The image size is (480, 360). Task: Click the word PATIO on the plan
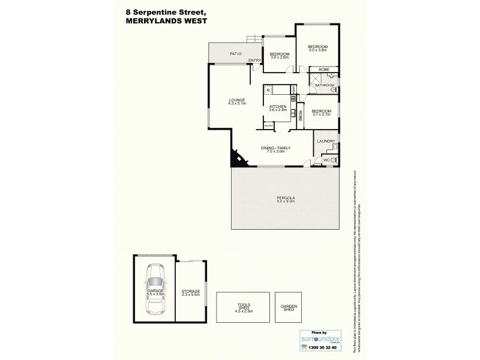(235, 54)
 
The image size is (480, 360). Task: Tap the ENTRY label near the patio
(254, 60)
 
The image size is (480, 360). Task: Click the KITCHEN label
(277, 107)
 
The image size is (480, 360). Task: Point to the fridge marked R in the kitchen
(268, 91)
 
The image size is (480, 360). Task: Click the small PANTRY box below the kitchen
(268, 125)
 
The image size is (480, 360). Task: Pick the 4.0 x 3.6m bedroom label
(317, 48)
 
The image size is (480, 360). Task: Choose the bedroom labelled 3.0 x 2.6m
(280, 55)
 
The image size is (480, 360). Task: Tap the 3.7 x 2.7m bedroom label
(322, 112)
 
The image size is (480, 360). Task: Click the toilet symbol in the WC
(334, 160)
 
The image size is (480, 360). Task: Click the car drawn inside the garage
(154, 294)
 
